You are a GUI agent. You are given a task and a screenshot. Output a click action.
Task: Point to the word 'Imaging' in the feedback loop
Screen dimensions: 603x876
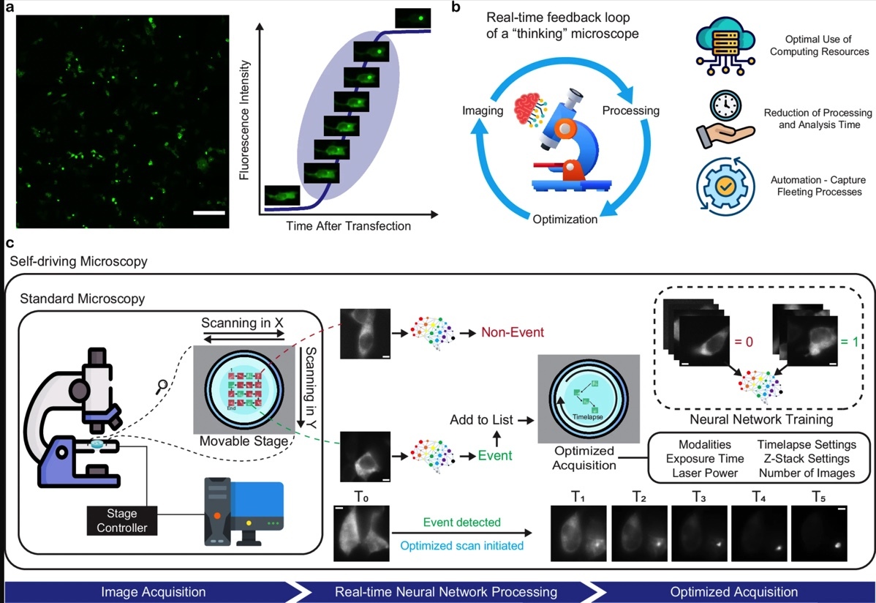(483, 111)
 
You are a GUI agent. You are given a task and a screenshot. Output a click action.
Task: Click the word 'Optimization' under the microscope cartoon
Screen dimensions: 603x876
(565, 219)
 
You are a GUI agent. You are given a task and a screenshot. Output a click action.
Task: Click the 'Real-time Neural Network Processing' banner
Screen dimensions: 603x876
(445, 591)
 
